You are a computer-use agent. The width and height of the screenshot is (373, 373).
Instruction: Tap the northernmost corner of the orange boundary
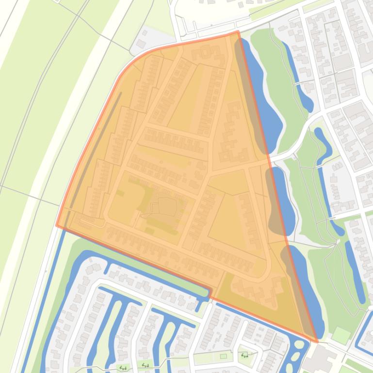(238, 31)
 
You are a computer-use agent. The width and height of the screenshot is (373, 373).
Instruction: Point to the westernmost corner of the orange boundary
(57, 225)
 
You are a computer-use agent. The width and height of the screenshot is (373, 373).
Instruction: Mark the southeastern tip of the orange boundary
(317, 342)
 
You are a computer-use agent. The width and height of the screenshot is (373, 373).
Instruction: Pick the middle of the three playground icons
(145, 365)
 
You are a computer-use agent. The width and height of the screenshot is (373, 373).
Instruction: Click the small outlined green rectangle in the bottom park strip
(223, 357)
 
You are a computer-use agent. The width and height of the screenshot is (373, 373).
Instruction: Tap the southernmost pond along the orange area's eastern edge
(306, 291)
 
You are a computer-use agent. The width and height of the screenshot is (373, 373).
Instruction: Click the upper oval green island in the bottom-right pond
(299, 345)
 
